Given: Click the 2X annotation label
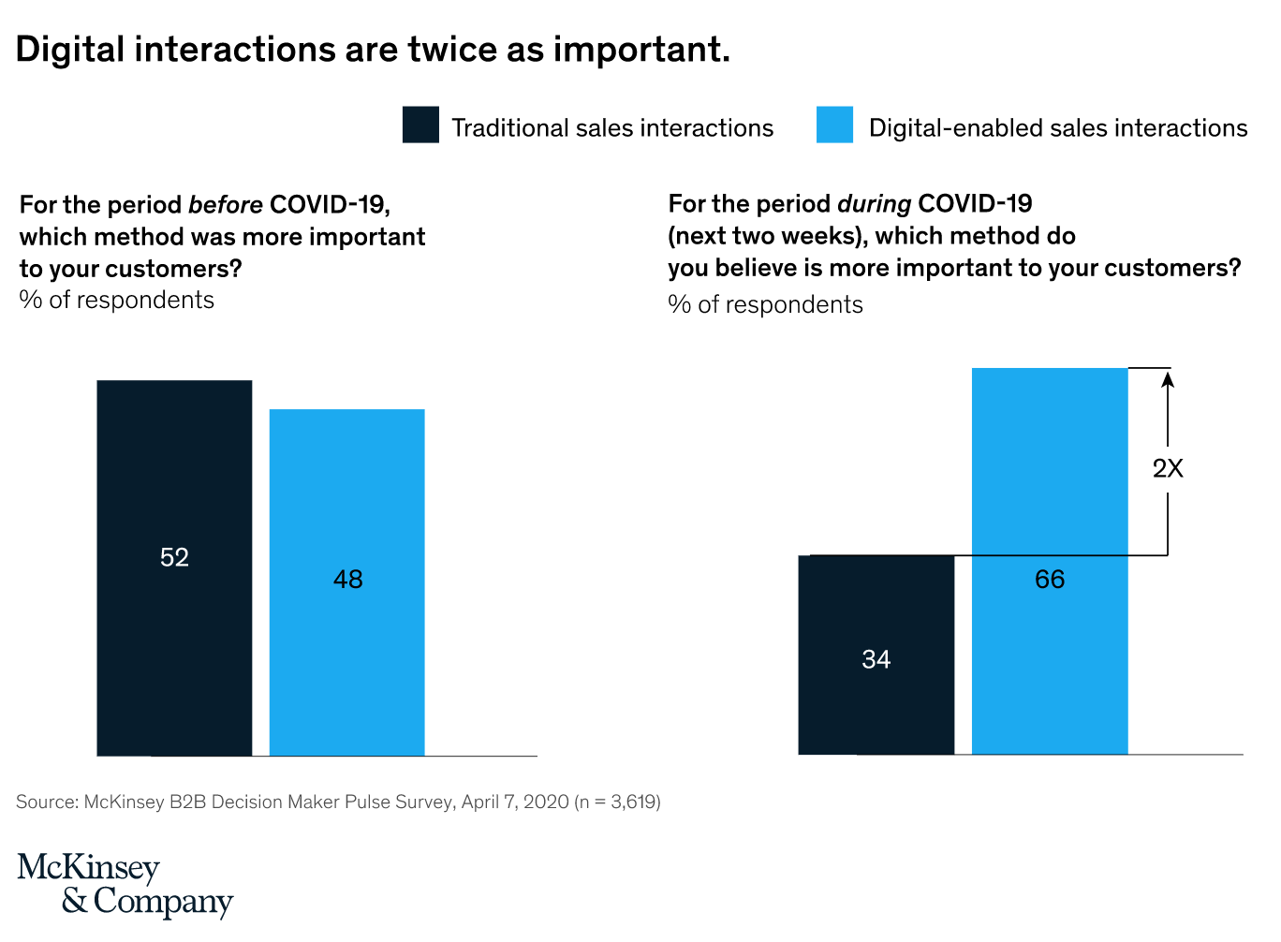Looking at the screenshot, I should click(1168, 468).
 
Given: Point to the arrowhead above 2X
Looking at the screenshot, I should click(1168, 377).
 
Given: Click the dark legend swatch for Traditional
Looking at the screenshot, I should click(420, 125).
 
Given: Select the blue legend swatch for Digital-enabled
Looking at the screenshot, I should click(834, 125).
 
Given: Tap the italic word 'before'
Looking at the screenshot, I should click(226, 204).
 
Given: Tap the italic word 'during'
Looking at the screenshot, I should click(874, 203).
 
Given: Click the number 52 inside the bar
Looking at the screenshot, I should click(174, 557).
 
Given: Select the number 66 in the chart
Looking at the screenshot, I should click(1050, 579).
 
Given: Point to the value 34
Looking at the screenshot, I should click(876, 659).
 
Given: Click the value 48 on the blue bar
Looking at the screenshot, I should click(347, 579).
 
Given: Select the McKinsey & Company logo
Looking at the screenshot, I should click(125, 884).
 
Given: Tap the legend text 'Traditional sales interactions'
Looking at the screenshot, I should click(612, 127).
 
